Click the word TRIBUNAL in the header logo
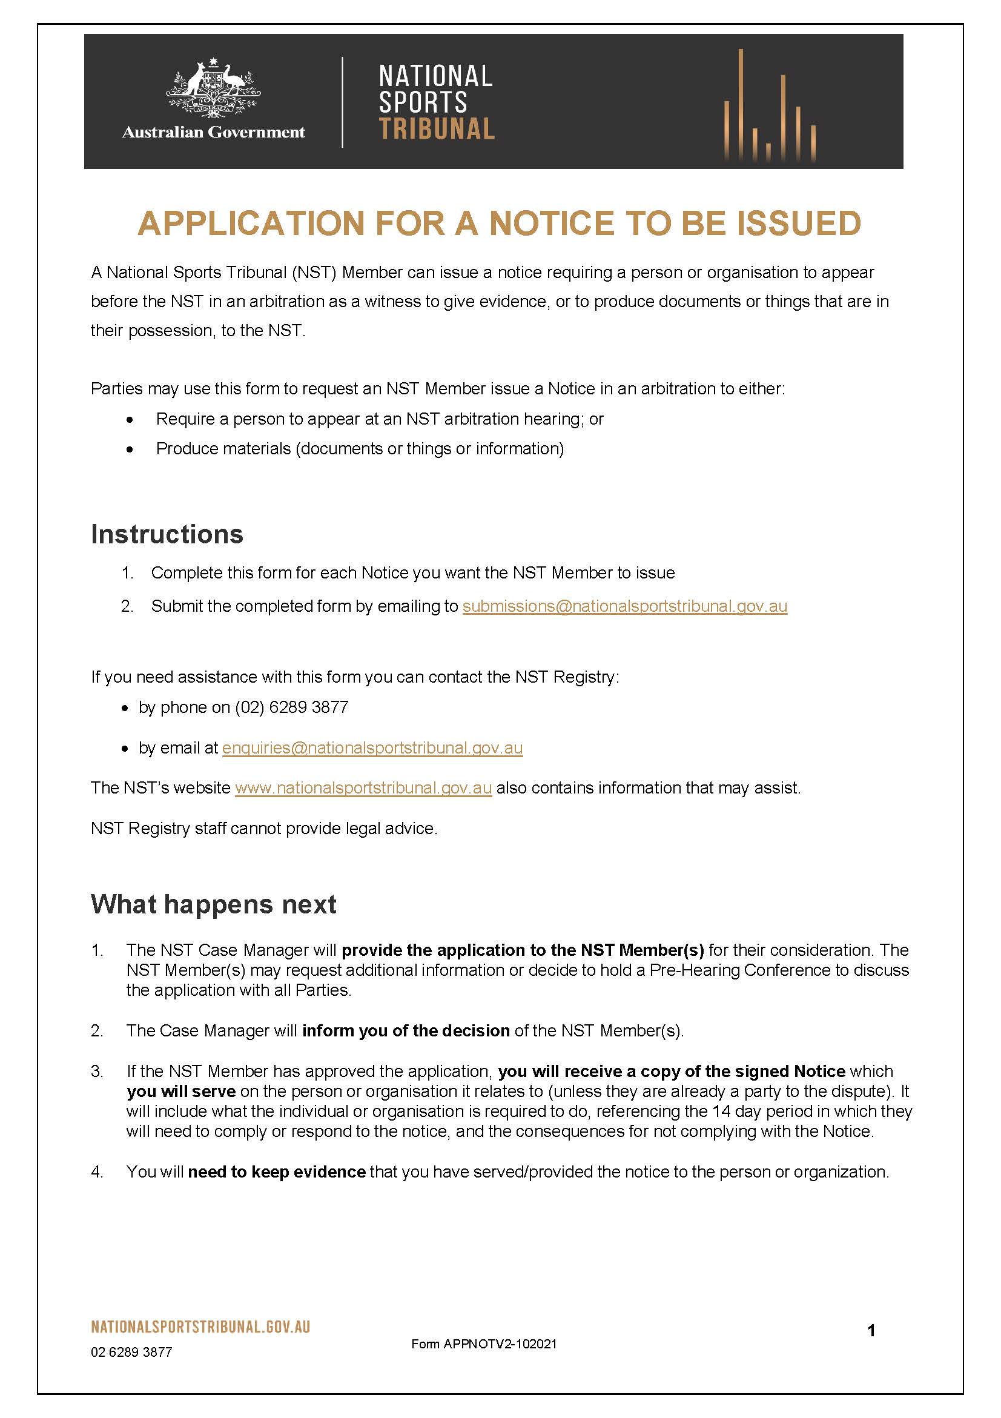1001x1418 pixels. [x=436, y=129]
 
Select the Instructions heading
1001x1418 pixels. [x=167, y=534]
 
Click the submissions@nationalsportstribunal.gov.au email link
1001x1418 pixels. [x=624, y=606]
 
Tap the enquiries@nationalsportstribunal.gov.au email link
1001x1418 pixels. [x=372, y=748]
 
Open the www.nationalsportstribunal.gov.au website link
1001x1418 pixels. [x=363, y=788]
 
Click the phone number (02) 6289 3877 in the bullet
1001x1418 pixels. [x=291, y=707]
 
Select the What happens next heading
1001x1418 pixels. [x=213, y=904]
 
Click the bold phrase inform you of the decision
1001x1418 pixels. [x=406, y=1031]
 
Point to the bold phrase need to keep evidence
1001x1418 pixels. [x=277, y=1172]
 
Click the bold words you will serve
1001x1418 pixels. [x=181, y=1092]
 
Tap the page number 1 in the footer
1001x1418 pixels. [x=871, y=1330]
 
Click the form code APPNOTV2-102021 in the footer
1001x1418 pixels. [x=500, y=1344]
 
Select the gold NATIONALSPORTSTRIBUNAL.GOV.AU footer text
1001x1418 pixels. [x=200, y=1327]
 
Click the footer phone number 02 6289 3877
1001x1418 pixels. [x=131, y=1353]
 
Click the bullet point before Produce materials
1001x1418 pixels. [x=129, y=449]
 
